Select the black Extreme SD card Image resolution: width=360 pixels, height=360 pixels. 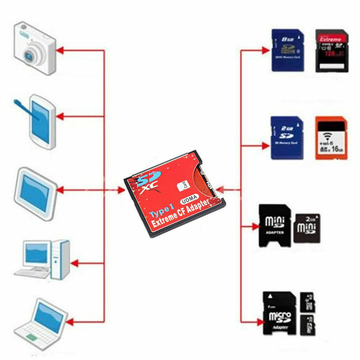(x=332, y=50)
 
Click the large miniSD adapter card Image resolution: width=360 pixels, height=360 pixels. (x=275, y=225)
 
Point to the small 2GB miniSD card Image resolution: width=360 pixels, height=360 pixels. (x=307, y=228)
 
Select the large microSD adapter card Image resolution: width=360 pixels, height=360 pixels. (x=279, y=313)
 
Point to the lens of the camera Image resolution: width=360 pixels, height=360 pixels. (x=31, y=55)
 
